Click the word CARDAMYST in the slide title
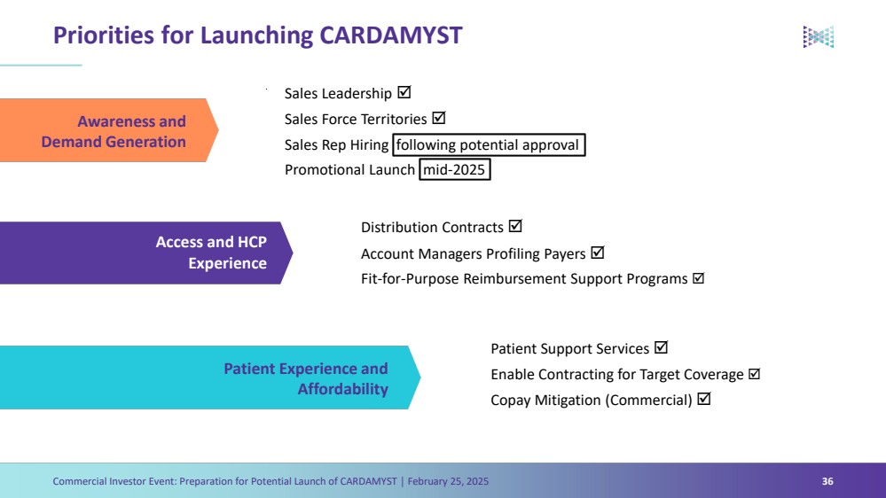click(x=390, y=35)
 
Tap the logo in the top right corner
click(x=818, y=36)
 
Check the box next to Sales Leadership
click(x=404, y=92)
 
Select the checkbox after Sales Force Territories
click(x=438, y=118)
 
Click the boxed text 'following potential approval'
click(x=489, y=144)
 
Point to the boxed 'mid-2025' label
click(x=455, y=169)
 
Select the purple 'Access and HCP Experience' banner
click(x=142, y=253)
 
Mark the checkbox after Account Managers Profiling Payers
click(x=598, y=253)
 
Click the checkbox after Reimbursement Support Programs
click(x=698, y=278)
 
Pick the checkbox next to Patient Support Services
click(x=661, y=348)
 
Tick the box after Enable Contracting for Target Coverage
click(x=755, y=374)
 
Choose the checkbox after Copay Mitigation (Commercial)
click(x=704, y=399)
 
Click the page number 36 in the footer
click(x=827, y=481)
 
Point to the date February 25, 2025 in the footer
click(x=448, y=481)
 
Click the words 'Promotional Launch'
click(x=349, y=170)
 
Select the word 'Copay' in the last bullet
click(x=512, y=401)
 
